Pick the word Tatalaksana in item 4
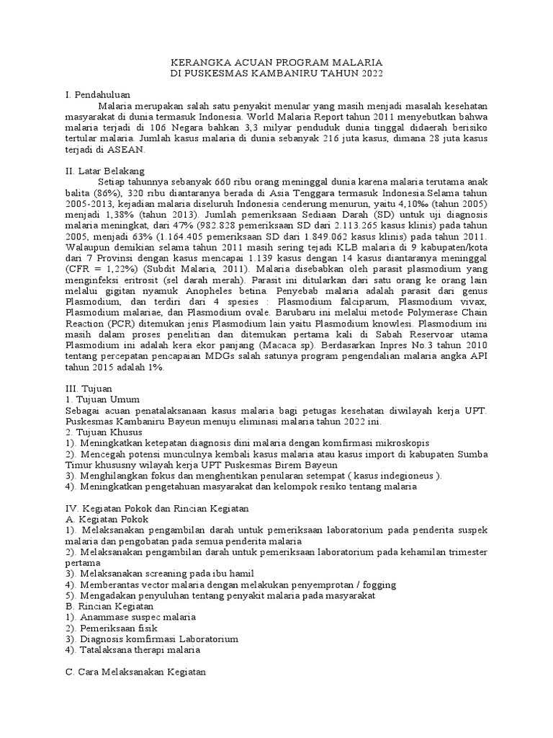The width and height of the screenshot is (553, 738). [109, 650]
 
